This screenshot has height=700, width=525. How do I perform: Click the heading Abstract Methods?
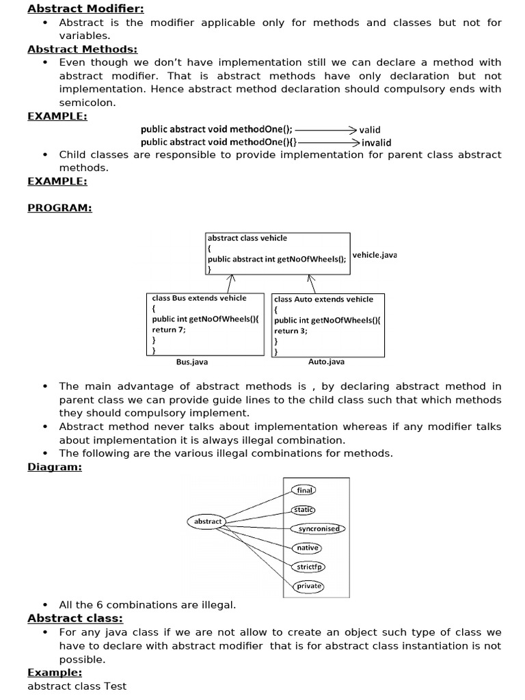(x=82, y=49)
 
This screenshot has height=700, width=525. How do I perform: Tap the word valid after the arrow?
(x=370, y=130)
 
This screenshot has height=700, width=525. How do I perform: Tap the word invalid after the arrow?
(x=376, y=143)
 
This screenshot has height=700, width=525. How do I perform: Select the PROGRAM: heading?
(x=59, y=208)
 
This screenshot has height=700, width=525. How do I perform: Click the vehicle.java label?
(x=375, y=255)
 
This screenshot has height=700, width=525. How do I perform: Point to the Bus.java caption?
(x=192, y=362)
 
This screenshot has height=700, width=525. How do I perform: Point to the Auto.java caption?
(x=326, y=362)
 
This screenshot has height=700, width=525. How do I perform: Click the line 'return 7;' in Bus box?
(x=169, y=329)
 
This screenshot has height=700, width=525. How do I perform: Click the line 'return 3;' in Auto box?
(x=291, y=331)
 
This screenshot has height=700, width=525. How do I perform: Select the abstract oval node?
(x=208, y=522)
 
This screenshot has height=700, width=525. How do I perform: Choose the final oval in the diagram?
(x=304, y=490)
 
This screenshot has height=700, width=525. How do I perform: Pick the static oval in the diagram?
(x=304, y=509)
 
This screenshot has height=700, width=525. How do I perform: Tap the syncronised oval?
(x=319, y=528)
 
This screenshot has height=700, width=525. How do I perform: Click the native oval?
(x=307, y=548)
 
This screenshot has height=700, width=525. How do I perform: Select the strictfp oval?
(x=309, y=567)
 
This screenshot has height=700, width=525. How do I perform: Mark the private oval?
(x=309, y=586)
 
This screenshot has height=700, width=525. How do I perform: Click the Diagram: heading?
(x=55, y=467)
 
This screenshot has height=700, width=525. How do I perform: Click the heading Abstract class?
(x=75, y=619)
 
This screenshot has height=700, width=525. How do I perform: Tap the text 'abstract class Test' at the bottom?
(x=77, y=686)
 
